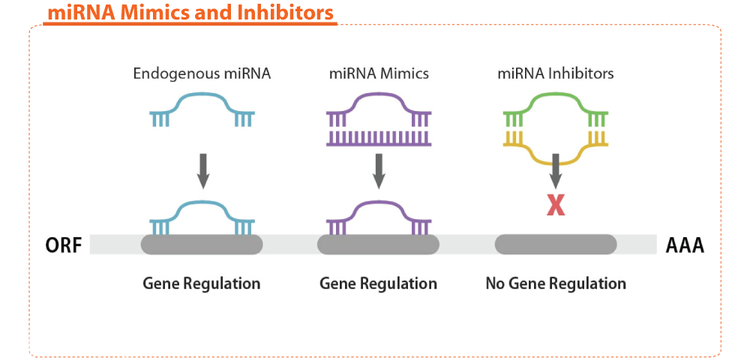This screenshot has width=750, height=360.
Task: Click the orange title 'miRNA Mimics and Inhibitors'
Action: tap(190, 13)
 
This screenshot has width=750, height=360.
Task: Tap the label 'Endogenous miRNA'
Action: tap(202, 74)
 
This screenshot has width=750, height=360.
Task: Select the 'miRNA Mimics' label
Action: tap(378, 74)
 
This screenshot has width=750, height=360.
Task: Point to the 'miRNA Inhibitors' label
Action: tap(555, 74)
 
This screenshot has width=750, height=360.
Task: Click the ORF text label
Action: tap(64, 245)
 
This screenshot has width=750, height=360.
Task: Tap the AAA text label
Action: tap(685, 245)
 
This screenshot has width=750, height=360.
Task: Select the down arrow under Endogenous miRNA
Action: tap(202, 171)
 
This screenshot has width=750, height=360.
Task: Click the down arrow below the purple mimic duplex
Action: tap(379, 171)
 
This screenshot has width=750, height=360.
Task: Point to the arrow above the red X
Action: tap(555, 171)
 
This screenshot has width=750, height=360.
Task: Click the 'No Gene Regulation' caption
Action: tap(556, 283)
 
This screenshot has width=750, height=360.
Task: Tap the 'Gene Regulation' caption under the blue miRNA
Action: tap(202, 283)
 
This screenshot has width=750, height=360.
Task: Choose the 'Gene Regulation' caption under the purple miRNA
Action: tap(378, 283)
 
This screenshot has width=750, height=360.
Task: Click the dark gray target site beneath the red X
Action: tap(555, 244)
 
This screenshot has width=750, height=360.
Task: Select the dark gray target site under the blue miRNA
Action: tap(202, 244)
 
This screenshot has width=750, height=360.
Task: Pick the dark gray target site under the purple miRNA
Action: tap(378, 244)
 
